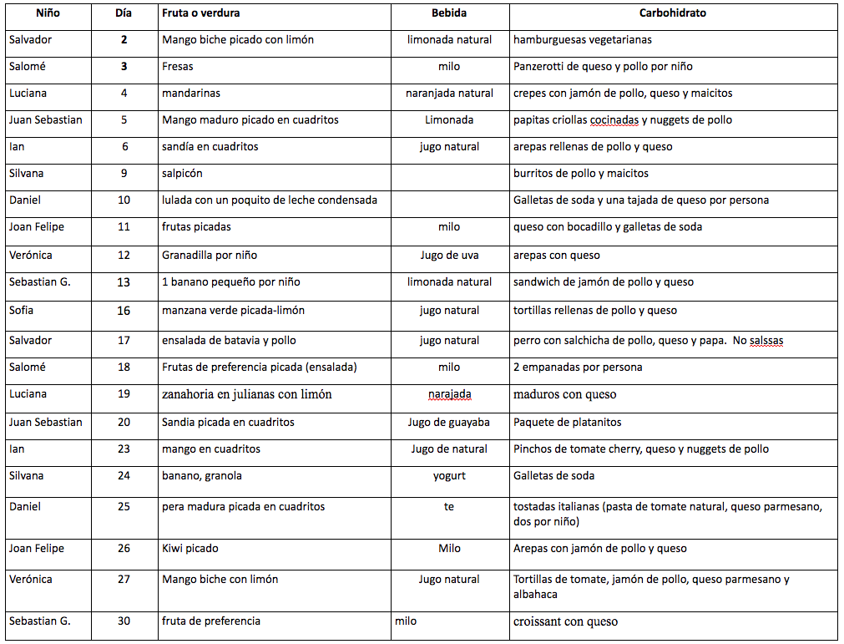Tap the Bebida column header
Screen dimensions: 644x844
point(449,13)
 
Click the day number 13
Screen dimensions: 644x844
point(124,282)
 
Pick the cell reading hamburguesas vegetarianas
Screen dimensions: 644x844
point(583,39)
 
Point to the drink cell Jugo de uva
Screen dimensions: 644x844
point(449,255)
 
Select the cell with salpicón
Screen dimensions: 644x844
point(182,173)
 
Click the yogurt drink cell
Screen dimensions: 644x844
point(449,475)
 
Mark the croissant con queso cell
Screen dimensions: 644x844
point(566,621)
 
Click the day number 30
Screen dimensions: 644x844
point(124,621)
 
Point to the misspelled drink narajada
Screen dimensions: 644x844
point(449,394)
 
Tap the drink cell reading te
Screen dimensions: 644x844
point(449,506)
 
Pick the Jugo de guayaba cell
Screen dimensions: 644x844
point(449,422)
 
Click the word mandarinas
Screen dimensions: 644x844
point(191,93)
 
